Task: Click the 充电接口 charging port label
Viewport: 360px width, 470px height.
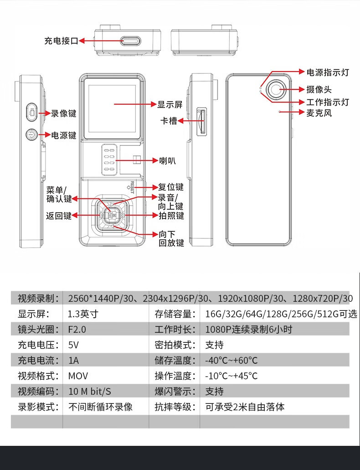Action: (61, 41)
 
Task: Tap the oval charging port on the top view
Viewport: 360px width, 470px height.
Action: (131, 41)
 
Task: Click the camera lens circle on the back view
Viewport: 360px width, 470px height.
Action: (276, 89)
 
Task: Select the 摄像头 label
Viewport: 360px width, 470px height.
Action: (319, 89)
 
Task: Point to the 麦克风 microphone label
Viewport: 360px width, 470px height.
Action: (319, 113)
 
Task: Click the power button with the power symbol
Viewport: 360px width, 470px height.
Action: (31, 135)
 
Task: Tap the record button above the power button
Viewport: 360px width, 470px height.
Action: (31, 113)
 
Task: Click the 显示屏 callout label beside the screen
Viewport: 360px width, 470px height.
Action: (170, 104)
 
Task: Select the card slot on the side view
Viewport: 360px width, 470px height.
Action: (202, 121)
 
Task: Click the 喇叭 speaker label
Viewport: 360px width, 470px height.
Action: (167, 160)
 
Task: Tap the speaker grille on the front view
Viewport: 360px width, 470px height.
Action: (109, 159)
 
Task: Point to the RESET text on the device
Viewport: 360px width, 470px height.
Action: (132, 187)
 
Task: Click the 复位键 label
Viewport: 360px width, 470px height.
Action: (171, 187)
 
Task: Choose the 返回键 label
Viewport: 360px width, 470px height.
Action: (59, 216)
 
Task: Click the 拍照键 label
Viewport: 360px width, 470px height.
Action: (171, 216)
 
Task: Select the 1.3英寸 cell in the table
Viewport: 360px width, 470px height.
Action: (83, 314)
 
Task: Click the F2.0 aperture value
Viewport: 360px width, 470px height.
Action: (77, 330)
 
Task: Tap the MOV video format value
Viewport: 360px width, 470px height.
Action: (78, 376)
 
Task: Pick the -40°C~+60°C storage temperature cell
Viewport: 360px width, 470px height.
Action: (231, 360)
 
